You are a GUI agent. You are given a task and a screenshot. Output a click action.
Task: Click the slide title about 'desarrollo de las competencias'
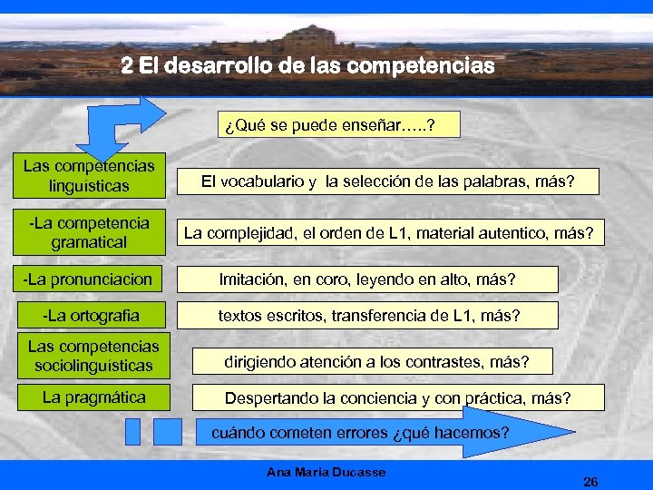[x=308, y=66]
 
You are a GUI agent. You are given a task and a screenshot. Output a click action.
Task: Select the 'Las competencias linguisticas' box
[x=89, y=176]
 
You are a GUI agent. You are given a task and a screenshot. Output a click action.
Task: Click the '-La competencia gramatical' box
[x=89, y=232]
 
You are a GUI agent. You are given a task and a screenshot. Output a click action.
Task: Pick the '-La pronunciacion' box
[x=89, y=278]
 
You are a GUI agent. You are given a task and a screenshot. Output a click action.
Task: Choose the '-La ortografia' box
[x=89, y=316]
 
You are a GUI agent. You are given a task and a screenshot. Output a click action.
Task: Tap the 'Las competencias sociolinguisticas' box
[x=93, y=357]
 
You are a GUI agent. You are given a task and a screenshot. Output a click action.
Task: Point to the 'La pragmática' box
[x=93, y=397]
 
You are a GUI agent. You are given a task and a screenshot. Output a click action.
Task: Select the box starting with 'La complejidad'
[x=388, y=233]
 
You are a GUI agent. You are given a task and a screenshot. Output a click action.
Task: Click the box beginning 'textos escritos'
[x=369, y=316]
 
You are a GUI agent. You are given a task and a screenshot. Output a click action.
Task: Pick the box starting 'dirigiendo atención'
[x=376, y=362]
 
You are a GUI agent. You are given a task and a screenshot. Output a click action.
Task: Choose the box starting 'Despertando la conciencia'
[x=397, y=398]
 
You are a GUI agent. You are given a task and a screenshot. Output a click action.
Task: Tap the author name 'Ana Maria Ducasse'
[x=326, y=472]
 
